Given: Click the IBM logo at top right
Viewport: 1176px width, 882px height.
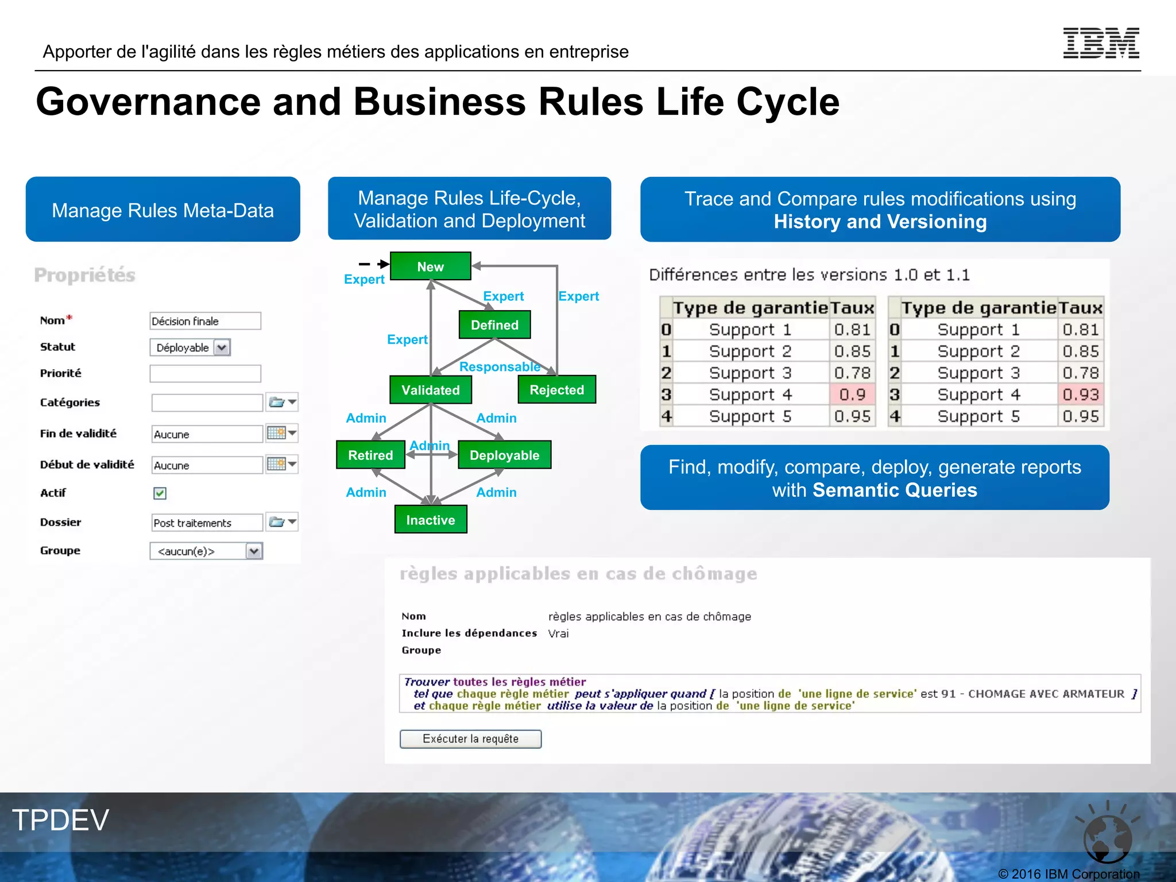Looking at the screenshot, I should click(x=1101, y=44).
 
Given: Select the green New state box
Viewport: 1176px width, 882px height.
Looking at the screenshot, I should click(x=430, y=266).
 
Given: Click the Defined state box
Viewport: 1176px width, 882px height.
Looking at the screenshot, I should click(x=494, y=325).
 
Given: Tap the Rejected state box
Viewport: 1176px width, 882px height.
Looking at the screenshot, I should click(x=556, y=390).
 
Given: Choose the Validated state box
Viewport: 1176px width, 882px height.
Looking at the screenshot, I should click(x=431, y=390).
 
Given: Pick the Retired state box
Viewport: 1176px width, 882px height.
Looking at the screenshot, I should click(x=370, y=455).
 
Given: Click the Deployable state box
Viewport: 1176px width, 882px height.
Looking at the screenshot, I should click(x=504, y=455).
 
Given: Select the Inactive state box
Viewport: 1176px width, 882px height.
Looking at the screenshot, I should click(x=431, y=520).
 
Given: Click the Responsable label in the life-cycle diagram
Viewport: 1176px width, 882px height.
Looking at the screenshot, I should click(x=500, y=367).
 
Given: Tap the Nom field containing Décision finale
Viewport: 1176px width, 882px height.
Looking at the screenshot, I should click(x=205, y=321).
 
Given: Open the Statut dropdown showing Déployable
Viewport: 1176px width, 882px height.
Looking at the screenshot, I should click(x=222, y=347).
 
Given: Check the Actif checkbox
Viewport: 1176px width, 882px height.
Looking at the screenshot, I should click(x=160, y=493).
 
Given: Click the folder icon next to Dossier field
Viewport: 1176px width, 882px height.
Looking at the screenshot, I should click(x=277, y=522).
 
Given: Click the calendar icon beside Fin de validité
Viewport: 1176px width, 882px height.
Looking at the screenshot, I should click(x=276, y=433).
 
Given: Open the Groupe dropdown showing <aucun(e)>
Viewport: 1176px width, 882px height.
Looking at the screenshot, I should click(x=254, y=551).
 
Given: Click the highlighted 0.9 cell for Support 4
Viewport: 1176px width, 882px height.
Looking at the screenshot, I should click(x=852, y=394).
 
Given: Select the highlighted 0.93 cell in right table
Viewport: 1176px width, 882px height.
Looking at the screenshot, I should click(x=1080, y=394).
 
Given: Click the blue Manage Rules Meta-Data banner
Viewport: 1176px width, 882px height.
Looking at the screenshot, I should click(x=163, y=210).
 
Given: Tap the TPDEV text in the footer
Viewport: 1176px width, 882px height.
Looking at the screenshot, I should click(x=61, y=820).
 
